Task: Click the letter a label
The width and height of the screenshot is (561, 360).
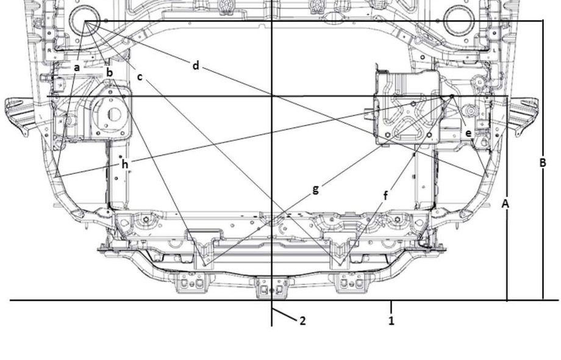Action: click(x=76, y=67)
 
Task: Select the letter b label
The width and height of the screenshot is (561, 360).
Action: click(x=110, y=72)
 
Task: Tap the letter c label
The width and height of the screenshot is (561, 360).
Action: click(x=140, y=77)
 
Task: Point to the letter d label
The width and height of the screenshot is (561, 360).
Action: click(x=195, y=65)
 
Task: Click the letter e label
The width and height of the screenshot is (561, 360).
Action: click(x=469, y=133)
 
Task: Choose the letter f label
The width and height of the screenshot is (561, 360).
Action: click(x=385, y=195)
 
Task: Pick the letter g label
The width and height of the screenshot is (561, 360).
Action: click(x=315, y=189)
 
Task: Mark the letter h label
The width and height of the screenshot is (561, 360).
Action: click(x=124, y=164)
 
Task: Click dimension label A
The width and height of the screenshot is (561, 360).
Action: click(x=505, y=204)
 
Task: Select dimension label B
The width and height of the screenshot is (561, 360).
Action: click(x=542, y=162)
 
